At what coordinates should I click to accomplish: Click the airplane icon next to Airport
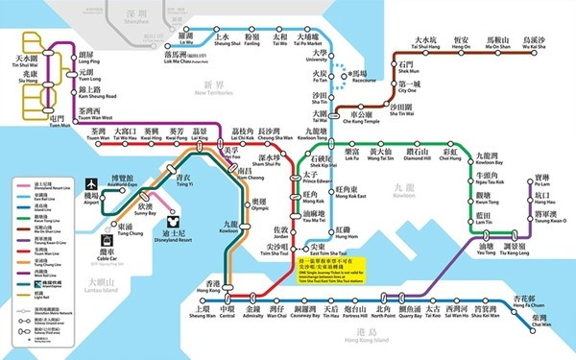point(92,182)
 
